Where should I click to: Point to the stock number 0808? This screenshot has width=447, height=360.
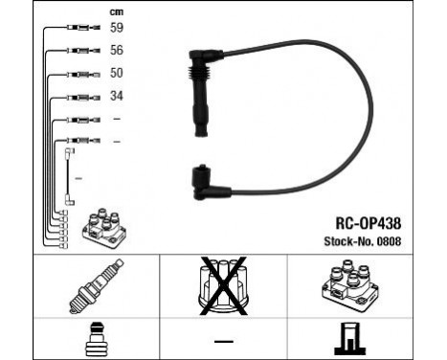pos(389,241)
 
